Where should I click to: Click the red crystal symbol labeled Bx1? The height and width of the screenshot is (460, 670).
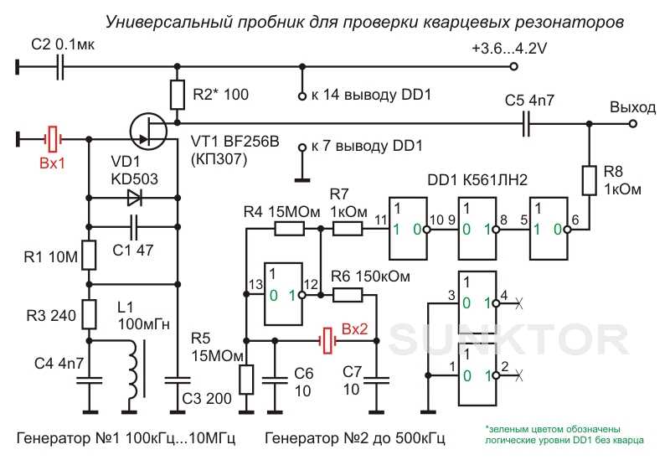point(53,139)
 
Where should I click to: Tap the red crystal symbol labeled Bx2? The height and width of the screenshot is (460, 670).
point(327,341)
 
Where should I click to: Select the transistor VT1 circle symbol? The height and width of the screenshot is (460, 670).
point(148,131)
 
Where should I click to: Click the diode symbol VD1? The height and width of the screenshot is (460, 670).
point(135,198)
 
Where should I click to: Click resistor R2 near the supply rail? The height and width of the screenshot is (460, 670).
point(178,95)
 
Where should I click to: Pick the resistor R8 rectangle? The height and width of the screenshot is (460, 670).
point(590,180)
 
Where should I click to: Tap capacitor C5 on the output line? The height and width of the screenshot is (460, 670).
point(526,123)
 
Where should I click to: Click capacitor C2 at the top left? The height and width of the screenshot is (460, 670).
point(60,67)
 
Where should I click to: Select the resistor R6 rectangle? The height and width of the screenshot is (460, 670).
point(348,295)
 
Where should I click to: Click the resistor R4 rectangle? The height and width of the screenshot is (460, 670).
point(289,230)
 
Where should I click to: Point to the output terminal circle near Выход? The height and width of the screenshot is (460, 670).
point(633,123)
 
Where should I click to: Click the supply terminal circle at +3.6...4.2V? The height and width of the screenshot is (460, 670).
point(514,67)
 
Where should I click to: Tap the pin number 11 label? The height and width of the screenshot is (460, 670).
point(381,220)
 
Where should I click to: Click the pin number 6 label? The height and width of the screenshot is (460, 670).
point(575,220)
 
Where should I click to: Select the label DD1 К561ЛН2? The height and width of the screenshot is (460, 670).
point(477,180)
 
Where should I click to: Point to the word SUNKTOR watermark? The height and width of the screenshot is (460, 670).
point(508,339)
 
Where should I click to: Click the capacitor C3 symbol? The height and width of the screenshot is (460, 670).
point(178,380)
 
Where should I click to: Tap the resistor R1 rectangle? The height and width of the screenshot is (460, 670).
point(89,256)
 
